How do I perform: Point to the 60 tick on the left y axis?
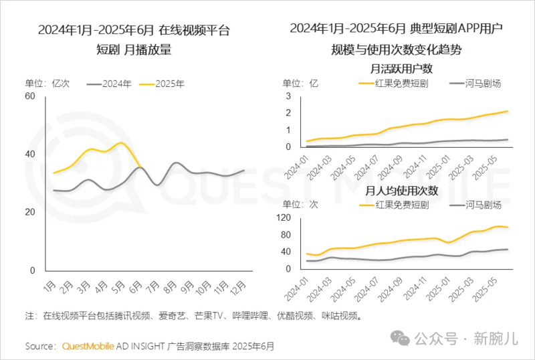tap(30, 96)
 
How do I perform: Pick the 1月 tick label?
tap(49, 286)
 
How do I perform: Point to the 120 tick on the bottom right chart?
tap(283, 218)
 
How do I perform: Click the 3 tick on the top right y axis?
tap(288, 96)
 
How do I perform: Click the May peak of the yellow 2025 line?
tap(120, 143)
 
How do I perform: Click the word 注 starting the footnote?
tap(29, 315)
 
